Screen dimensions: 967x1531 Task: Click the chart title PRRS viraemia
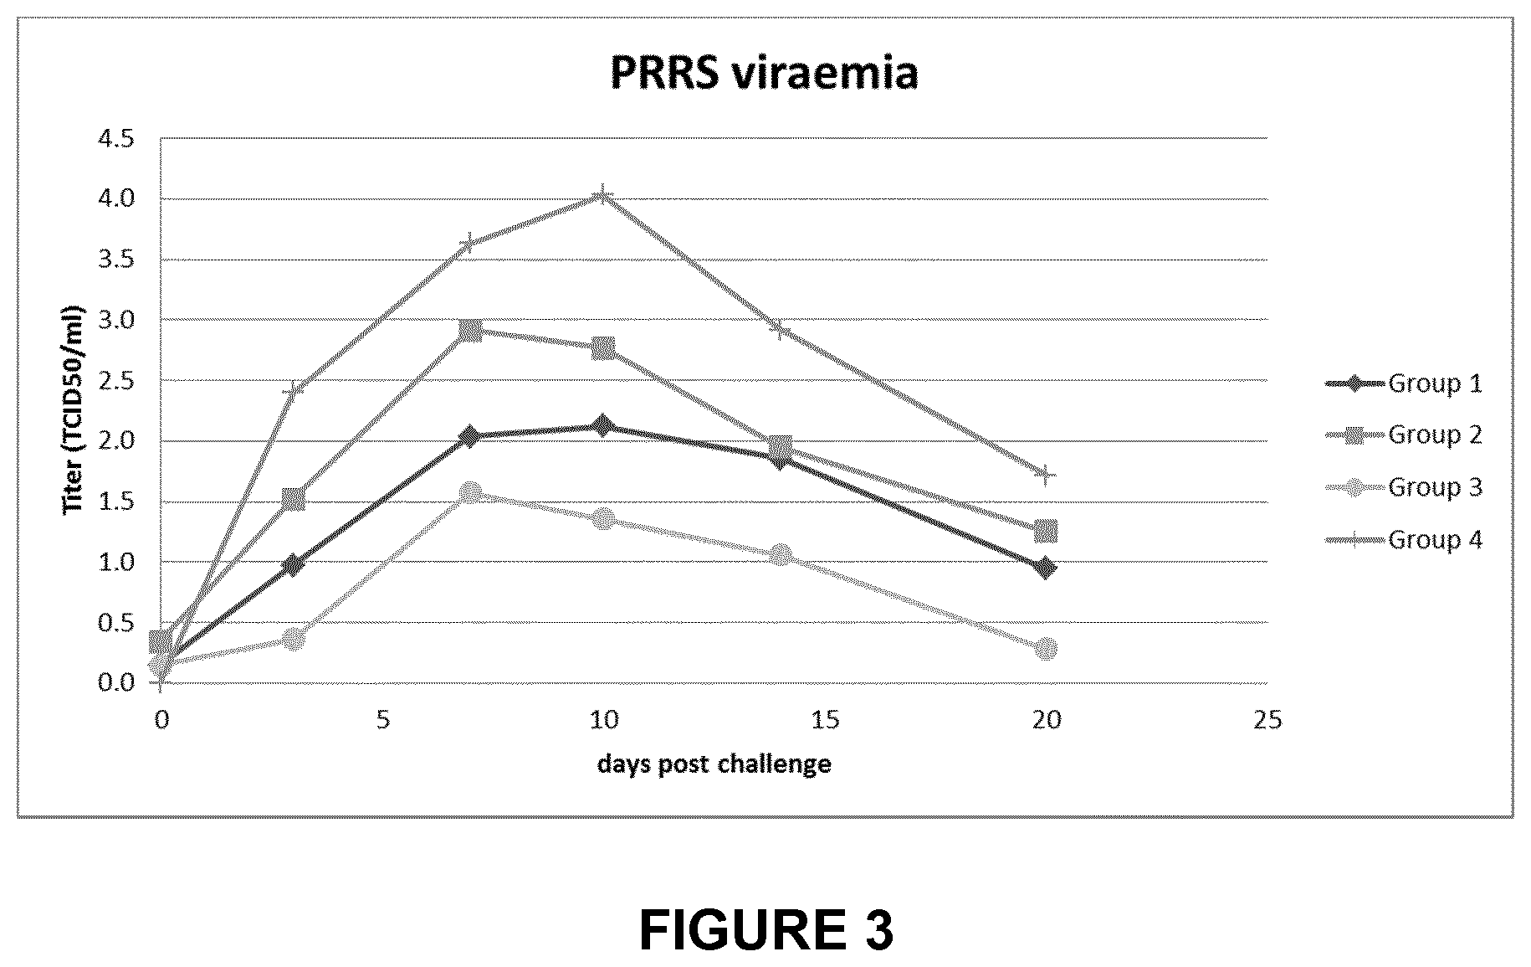click(x=764, y=73)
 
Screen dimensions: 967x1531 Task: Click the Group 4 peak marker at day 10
click(x=602, y=197)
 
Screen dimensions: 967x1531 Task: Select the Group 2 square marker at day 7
click(x=470, y=330)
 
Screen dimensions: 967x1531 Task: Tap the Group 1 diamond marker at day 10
click(x=602, y=425)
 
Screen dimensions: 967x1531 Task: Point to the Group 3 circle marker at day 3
click(x=293, y=639)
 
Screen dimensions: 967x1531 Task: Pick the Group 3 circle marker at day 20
click(x=1045, y=648)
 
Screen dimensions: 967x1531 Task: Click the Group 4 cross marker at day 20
click(x=1045, y=475)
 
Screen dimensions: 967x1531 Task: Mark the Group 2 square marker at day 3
click(x=293, y=500)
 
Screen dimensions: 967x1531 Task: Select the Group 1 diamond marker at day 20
click(x=1045, y=568)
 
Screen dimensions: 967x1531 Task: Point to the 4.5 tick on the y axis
click(x=115, y=139)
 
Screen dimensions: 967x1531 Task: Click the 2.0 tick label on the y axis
click(x=115, y=440)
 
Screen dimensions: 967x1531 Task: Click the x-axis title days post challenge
click(x=714, y=764)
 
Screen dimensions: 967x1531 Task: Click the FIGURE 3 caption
click(x=765, y=929)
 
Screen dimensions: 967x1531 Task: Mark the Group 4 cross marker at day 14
click(x=780, y=329)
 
